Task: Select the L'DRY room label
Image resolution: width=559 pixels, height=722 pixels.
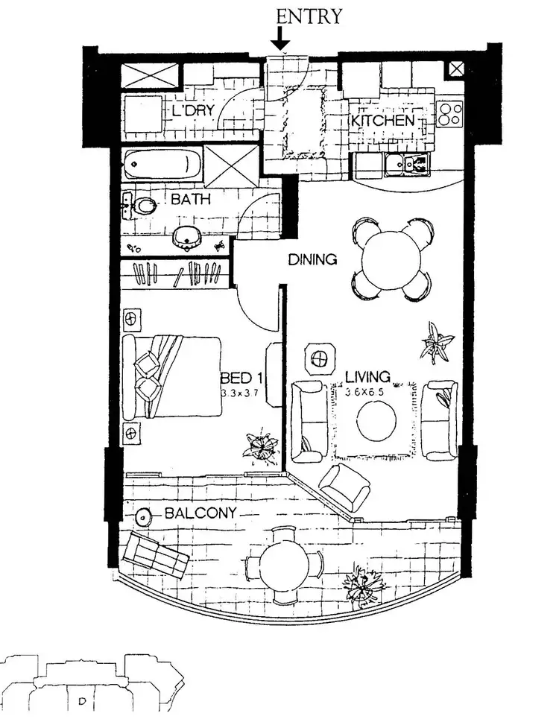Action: point(193,111)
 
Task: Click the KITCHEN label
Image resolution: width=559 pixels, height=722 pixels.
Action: point(382,121)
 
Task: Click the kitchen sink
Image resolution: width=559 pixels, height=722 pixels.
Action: point(407,164)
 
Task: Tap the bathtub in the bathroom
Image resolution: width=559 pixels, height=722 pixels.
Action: point(162,163)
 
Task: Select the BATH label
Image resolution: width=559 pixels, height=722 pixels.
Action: point(191,200)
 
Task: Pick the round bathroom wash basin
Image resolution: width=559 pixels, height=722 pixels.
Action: point(186,237)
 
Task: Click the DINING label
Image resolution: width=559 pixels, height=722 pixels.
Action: point(313,260)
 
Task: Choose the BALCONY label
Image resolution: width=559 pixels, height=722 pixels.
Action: point(200,513)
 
